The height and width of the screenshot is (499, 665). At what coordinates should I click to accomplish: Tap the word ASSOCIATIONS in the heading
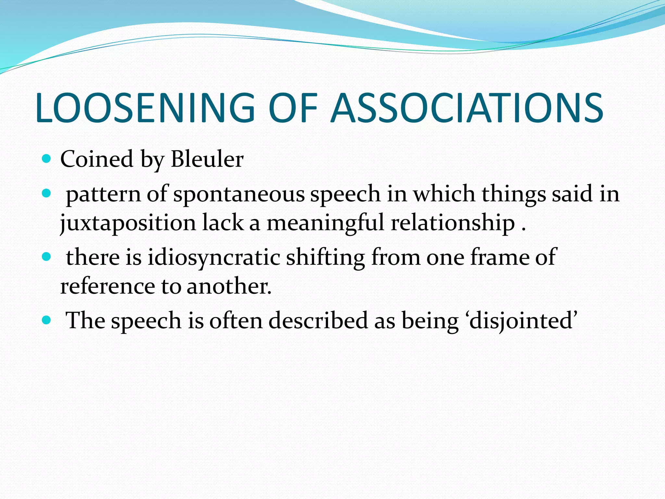[x=467, y=108]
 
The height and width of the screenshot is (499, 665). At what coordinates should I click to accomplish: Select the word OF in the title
[x=292, y=108]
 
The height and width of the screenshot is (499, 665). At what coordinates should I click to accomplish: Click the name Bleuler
[x=207, y=159]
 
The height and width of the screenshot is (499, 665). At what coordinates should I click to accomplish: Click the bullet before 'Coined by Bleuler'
[x=47, y=159]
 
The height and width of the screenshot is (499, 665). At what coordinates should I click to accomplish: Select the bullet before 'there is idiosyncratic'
[x=47, y=257]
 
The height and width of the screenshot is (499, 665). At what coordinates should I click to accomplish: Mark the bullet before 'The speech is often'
[x=47, y=320]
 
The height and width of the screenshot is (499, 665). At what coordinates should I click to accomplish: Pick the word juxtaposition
[x=128, y=224]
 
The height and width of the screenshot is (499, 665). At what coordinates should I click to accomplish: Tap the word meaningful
[x=325, y=224]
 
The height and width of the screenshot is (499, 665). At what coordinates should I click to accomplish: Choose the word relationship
[x=453, y=224]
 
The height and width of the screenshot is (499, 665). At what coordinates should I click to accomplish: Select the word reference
[x=107, y=287]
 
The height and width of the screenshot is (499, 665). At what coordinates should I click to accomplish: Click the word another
[x=229, y=287]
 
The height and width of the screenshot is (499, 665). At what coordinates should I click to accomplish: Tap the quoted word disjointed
[x=521, y=321]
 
